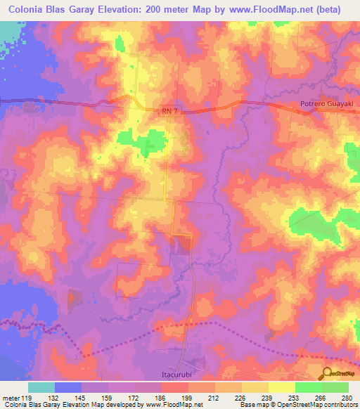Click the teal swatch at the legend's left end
[x=41, y=387]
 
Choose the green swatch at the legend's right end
[x=335, y=387]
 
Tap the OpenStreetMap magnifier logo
[x=328, y=374]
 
